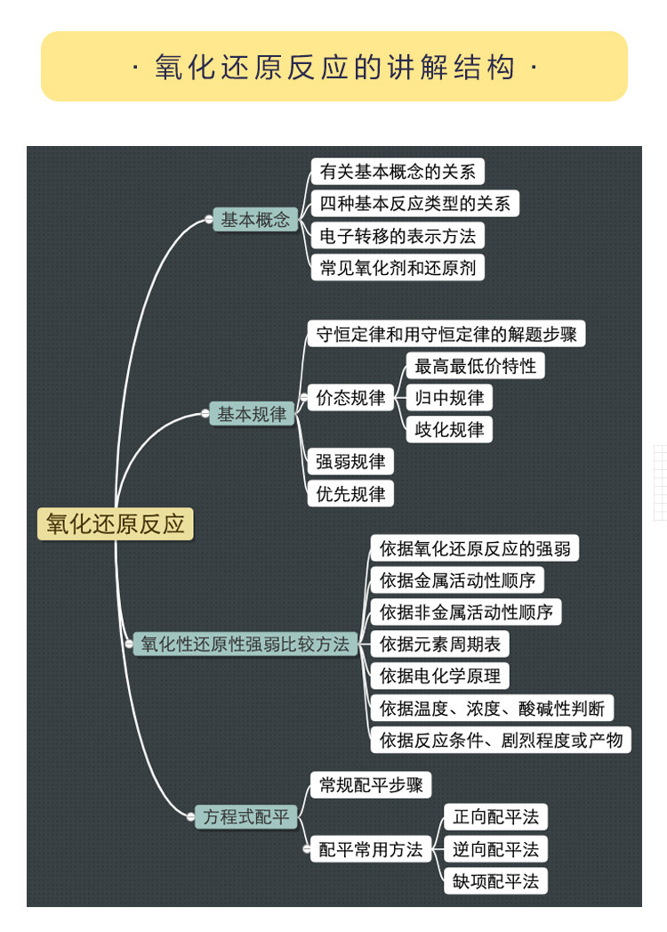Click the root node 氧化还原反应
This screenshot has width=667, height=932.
coord(115,523)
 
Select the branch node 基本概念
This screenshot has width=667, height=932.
coord(255,220)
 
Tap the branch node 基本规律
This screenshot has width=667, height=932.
coord(252,414)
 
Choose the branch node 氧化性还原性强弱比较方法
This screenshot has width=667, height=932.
coord(245,644)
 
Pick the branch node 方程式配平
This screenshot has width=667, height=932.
coord(246,816)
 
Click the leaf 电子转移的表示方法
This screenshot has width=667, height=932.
coord(398,236)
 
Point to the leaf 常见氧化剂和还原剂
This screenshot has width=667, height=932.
coord(398,268)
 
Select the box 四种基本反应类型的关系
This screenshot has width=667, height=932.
coord(414,204)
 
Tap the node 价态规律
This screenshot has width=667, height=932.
coord(350,398)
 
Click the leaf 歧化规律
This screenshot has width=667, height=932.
coord(449,430)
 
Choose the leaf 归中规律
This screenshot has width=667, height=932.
coord(449,398)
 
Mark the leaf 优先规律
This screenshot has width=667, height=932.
coord(350,494)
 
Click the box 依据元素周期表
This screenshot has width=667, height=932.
coord(439,644)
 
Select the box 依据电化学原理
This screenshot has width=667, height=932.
coord(439,677)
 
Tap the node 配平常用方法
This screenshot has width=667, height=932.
coord(371,849)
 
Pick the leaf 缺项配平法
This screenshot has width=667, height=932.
coord(495,881)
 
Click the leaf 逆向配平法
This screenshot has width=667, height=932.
coord(495,849)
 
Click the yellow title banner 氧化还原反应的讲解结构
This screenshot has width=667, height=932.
coord(333,67)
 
